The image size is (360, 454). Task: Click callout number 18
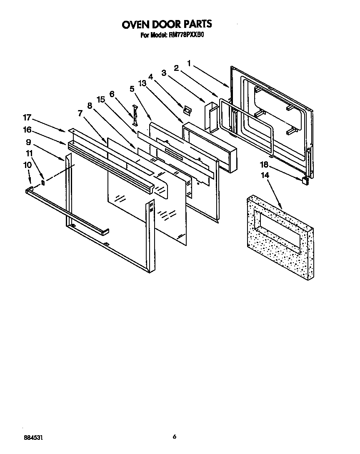(x=264, y=165)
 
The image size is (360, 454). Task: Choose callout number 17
(x=27, y=118)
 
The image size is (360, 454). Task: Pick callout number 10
(x=27, y=165)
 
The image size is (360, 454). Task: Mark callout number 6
(x=112, y=95)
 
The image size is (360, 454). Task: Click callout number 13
(x=143, y=83)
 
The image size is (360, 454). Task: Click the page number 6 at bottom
(x=175, y=436)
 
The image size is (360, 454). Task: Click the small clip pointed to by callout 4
(x=187, y=109)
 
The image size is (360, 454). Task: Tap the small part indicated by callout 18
(x=305, y=180)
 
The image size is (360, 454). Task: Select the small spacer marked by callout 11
(x=43, y=182)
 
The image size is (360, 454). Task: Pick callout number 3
(x=164, y=73)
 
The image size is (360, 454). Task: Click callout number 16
(x=27, y=130)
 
